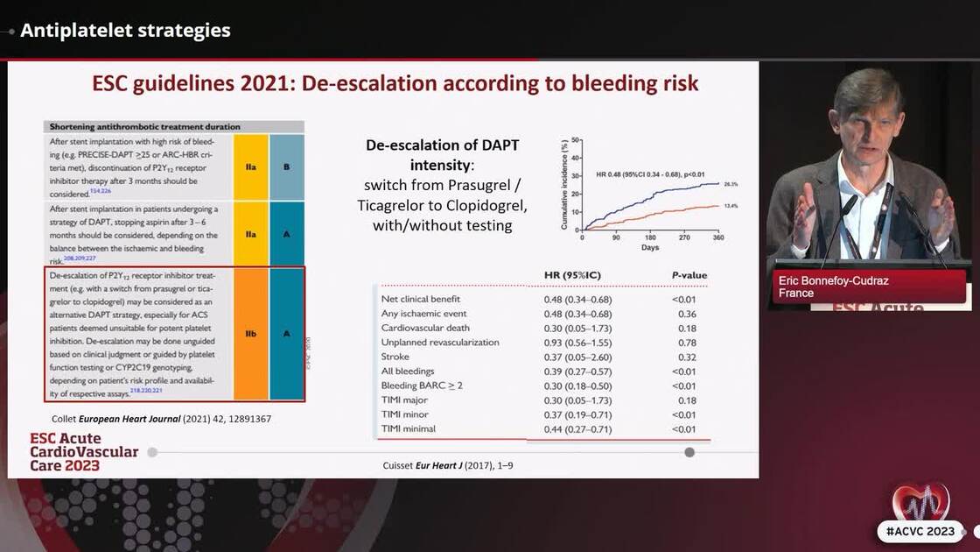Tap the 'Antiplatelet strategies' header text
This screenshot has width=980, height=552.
(x=125, y=31)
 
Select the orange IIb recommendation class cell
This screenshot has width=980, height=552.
(x=251, y=334)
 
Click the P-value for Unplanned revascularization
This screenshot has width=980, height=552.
(x=687, y=343)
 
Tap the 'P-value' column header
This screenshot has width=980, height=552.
(x=689, y=275)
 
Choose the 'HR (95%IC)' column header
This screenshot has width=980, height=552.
(x=572, y=275)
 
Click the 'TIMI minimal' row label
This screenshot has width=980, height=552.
(x=409, y=429)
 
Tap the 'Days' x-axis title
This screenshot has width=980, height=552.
(x=649, y=248)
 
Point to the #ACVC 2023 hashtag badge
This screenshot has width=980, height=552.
(x=922, y=532)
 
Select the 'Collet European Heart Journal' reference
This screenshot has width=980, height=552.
(x=161, y=420)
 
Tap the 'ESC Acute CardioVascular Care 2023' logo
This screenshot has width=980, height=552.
(x=84, y=452)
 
